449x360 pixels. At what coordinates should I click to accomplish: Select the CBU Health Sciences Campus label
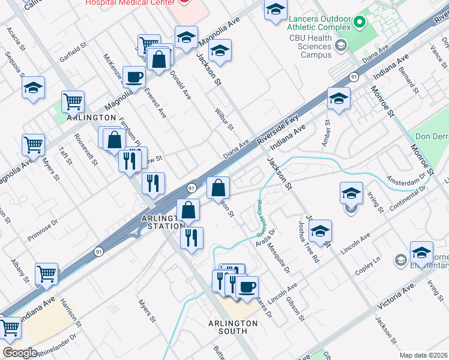coord(308,47)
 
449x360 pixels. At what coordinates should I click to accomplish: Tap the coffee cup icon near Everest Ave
coord(134,76)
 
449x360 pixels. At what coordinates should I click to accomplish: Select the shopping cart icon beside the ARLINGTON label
coord(73,101)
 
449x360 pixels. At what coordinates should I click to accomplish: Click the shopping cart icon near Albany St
coord(46,273)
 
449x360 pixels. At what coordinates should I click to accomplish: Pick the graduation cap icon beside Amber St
coord(339,98)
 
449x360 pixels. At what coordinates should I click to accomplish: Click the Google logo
coord(20,353)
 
